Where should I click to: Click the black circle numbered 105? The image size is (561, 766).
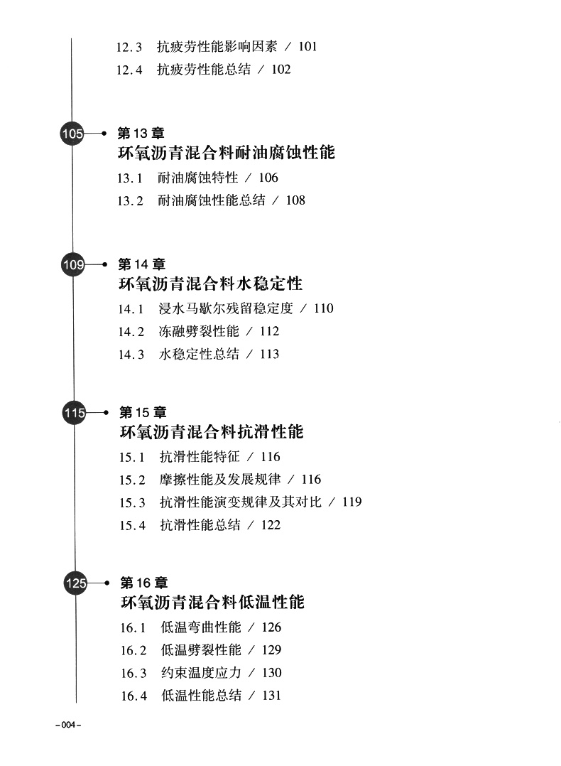72,133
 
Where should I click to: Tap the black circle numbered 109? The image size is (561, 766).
73,265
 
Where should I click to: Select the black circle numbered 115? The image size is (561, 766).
74,413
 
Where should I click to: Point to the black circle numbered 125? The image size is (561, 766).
75,583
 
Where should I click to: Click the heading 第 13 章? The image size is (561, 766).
141,133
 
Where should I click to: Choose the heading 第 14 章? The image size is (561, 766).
142,265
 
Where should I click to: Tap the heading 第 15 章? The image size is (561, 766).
143,412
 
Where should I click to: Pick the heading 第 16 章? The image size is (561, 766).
144,583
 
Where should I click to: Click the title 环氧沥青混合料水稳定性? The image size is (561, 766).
210,284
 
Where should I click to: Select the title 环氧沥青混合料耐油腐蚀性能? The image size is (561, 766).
226,153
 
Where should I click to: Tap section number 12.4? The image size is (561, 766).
129,70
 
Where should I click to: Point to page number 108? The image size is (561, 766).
295,200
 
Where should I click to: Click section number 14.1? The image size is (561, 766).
131,308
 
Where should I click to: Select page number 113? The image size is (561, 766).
269,354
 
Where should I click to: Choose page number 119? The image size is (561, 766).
352,502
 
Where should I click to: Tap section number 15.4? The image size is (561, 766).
133,525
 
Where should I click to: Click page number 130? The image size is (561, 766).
271,673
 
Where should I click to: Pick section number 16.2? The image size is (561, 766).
134,650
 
